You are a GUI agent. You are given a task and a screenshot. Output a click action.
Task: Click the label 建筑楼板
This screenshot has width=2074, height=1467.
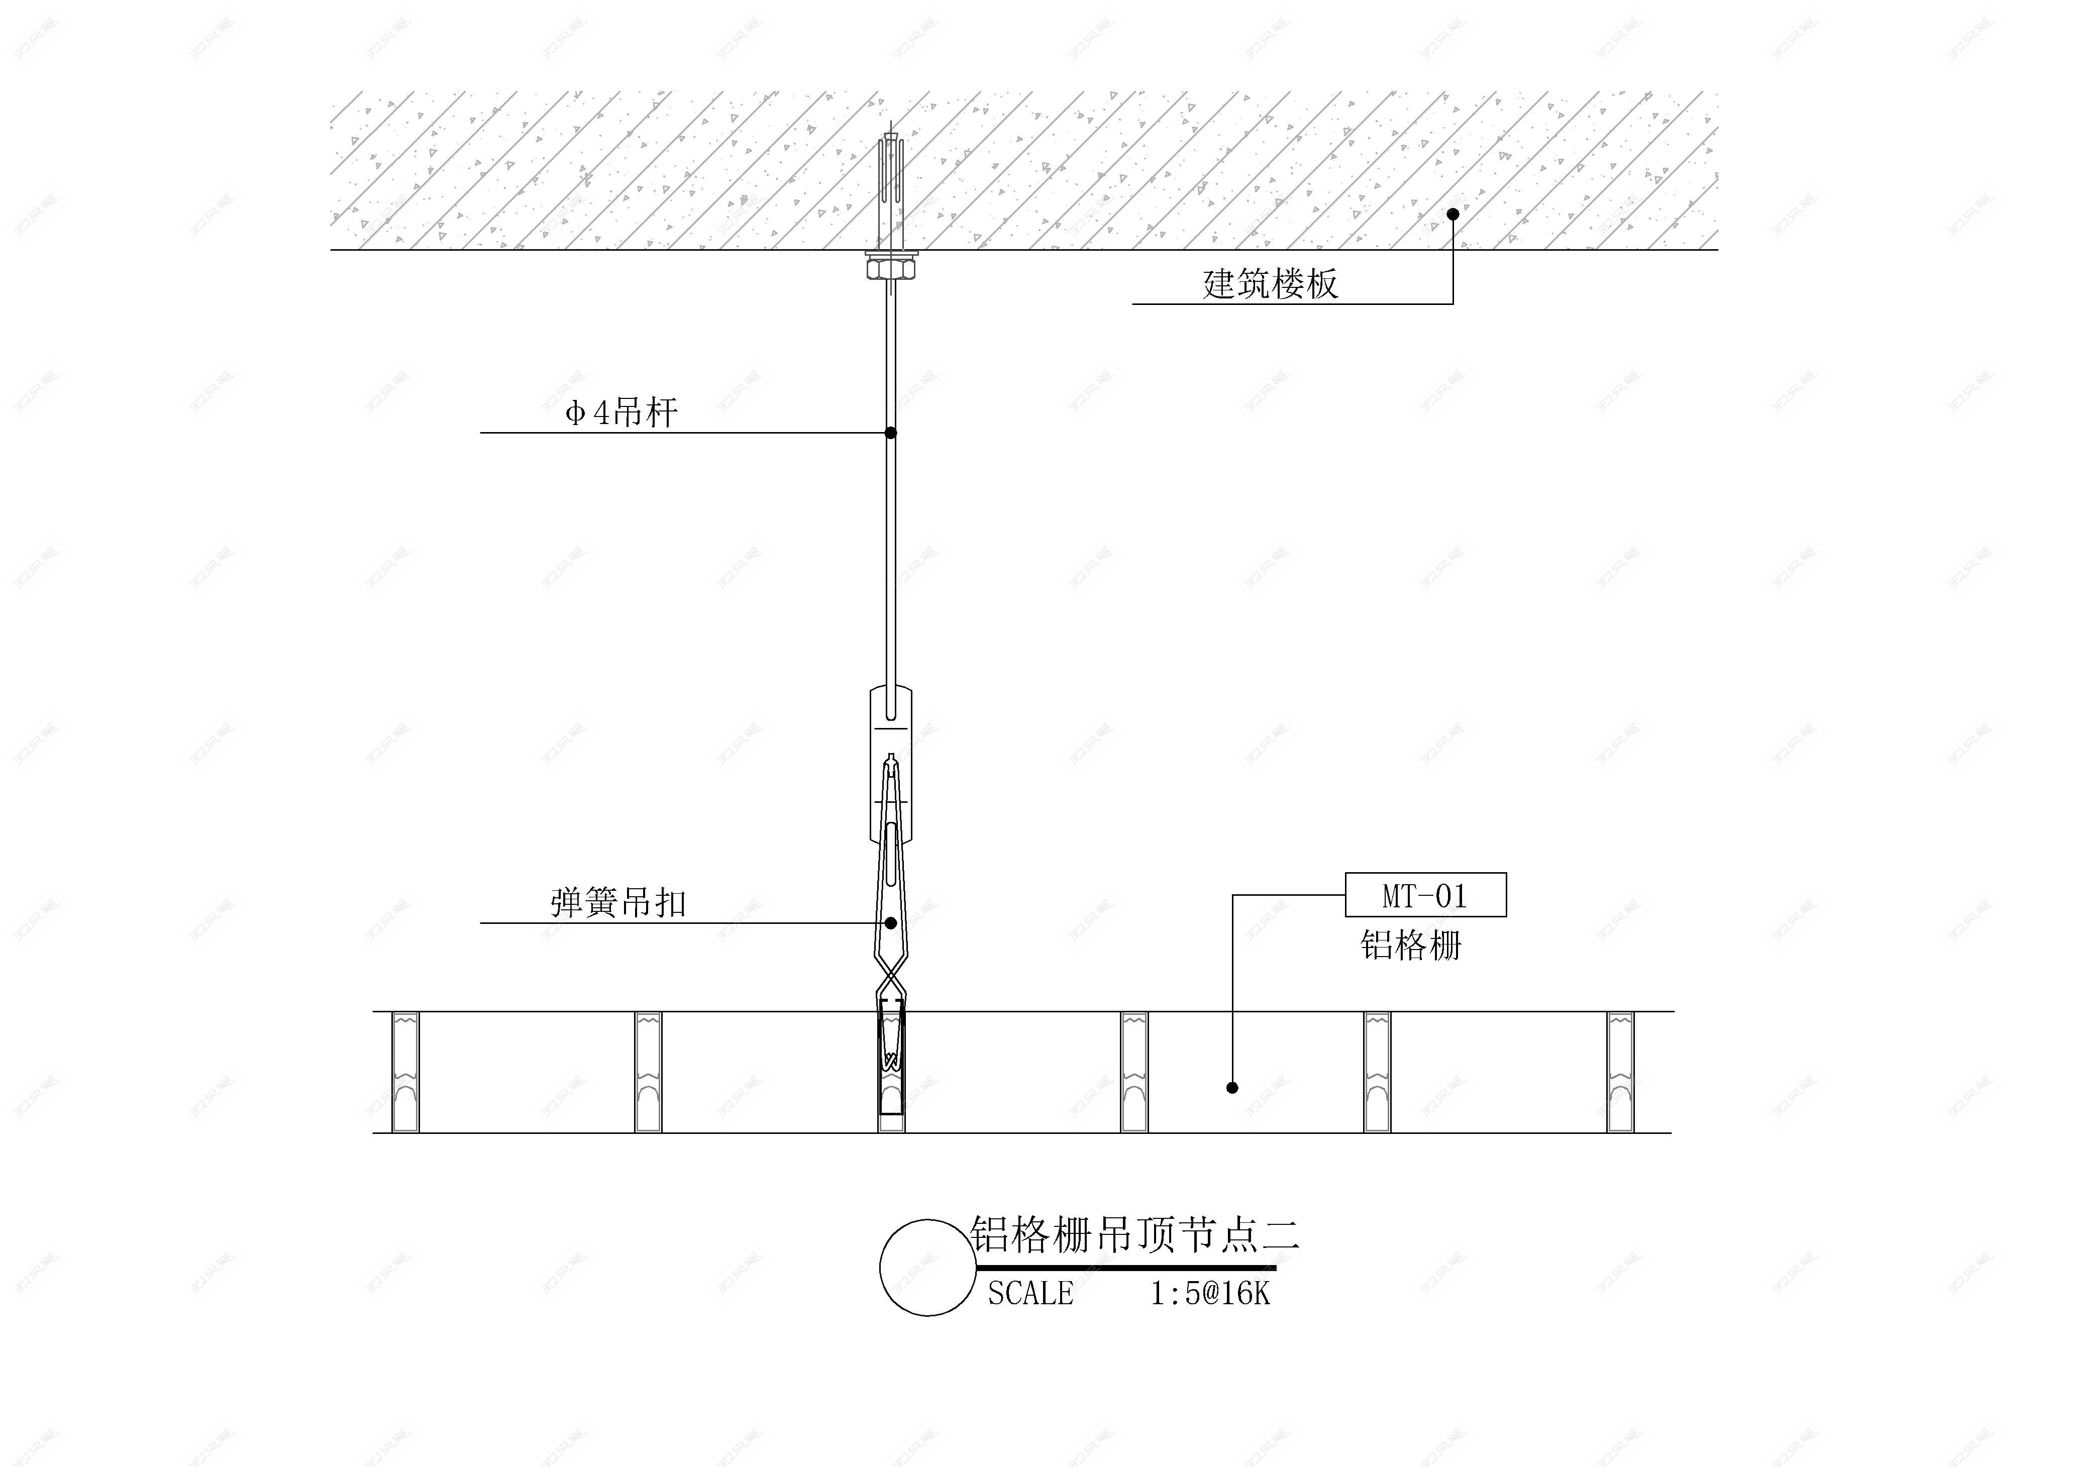pos(1270,284)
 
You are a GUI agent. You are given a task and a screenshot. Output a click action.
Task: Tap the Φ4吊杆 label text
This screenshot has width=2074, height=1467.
pos(621,413)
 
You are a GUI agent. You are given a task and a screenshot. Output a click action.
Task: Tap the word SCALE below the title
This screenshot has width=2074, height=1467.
pos(1030,1294)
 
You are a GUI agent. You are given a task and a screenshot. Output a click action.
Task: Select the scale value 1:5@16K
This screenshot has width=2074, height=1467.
pos(1209,1294)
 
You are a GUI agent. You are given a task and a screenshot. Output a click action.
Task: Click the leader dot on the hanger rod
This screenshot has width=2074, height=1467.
pos(891,433)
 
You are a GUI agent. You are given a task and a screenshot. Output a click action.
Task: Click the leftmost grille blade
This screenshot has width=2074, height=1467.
pos(405,1072)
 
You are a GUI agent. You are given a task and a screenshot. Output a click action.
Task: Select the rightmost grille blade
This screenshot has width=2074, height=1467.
pos(1620,1072)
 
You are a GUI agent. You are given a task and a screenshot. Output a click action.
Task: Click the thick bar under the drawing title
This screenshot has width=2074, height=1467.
pos(1124,1268)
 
